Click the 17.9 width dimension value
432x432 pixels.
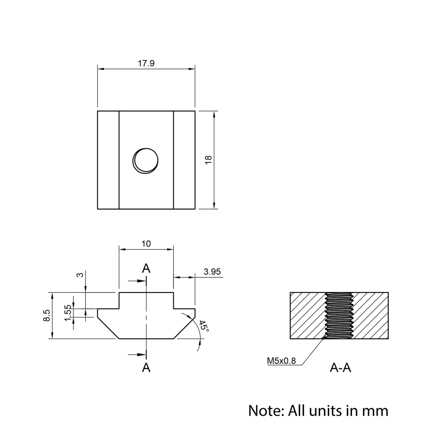(146, 63)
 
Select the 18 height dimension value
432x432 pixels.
(208, 159)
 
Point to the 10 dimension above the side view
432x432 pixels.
(146, 244)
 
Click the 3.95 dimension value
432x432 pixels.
(212, 272)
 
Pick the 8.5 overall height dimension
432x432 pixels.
(47, 315)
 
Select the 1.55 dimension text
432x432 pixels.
(68, 313)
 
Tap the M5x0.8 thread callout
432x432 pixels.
(281, 361)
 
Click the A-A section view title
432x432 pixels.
(340, 368)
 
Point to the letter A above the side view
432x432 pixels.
(146, 268)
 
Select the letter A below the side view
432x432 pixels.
(146, 368)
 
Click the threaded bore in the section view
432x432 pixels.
(340, 315)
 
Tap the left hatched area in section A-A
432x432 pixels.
(307, 315)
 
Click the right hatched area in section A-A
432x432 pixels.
(372, 315)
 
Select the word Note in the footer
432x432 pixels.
(264, 410)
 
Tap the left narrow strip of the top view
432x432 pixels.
(108, 160)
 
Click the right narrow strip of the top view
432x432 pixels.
(184, 160)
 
